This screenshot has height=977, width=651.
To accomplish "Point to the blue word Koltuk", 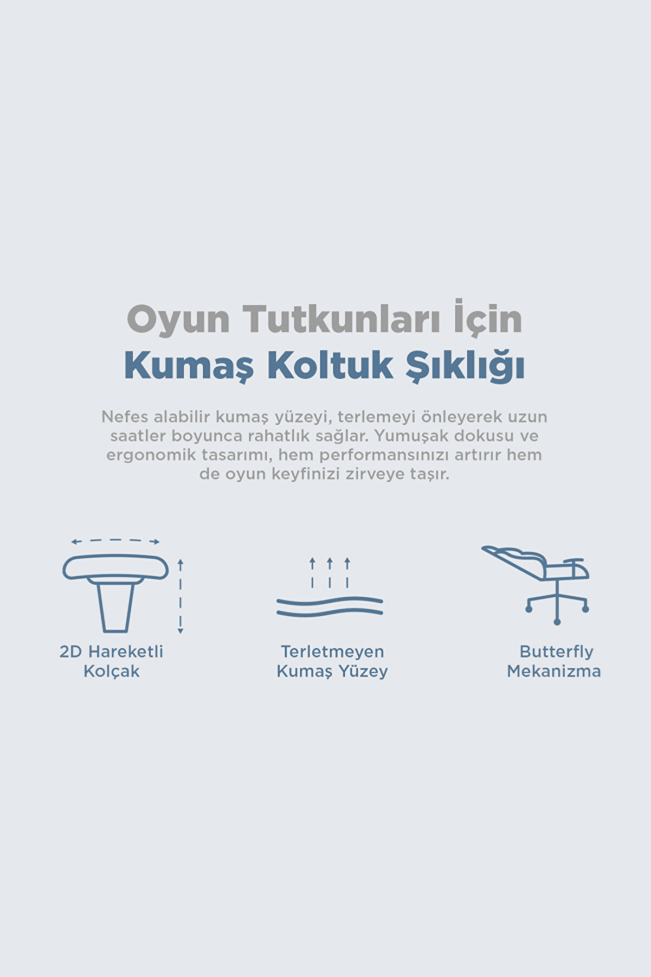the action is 331,366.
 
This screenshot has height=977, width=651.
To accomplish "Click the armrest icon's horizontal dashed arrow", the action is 115,541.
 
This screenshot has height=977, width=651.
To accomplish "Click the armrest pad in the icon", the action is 115,567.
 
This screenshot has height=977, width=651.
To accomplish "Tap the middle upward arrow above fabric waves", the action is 330,572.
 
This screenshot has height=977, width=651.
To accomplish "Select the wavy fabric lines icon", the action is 330,607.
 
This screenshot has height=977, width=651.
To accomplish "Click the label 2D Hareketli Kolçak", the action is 112,661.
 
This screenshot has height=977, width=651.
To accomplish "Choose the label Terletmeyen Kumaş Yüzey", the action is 332,661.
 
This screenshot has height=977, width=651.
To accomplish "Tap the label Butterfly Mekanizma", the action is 554,661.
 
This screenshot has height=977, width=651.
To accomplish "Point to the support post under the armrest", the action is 115,605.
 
